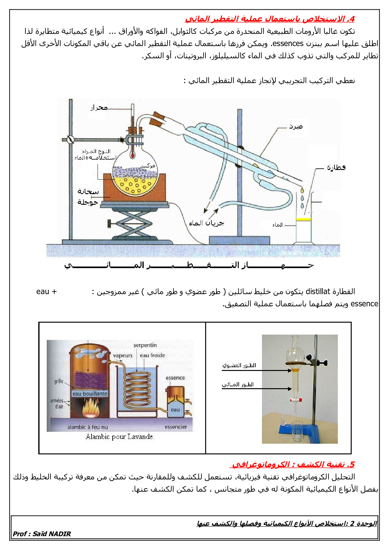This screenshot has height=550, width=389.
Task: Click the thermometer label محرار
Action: point(99,108)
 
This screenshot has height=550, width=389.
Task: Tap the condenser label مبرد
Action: point(296,126)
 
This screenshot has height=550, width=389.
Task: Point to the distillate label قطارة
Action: point(336,167)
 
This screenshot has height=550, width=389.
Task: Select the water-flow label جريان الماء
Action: point(206,223)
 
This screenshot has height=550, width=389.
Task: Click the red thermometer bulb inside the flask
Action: point(133,155)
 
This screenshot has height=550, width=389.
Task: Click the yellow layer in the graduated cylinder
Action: point(303,219)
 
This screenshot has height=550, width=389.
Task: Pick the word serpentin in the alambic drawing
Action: point(145,345)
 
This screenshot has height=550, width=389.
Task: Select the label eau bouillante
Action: point(90,394)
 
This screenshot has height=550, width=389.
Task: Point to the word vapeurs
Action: point(123,356)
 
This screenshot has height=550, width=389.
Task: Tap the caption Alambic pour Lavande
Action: point(120,436)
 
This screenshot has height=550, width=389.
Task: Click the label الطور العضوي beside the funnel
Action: point(239,365)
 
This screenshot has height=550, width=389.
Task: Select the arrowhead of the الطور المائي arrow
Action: point(290,389)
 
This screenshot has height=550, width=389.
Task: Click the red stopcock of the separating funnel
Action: point(296,400)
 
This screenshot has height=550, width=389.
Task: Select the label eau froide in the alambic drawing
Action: point(152,355)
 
